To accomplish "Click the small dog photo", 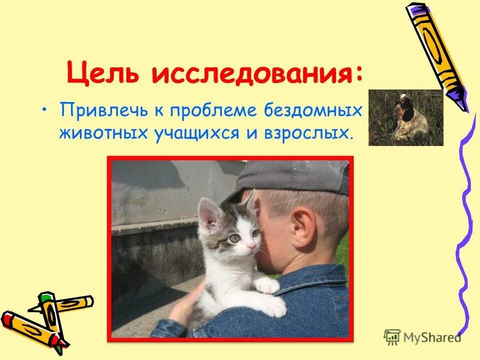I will pos(405,118).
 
